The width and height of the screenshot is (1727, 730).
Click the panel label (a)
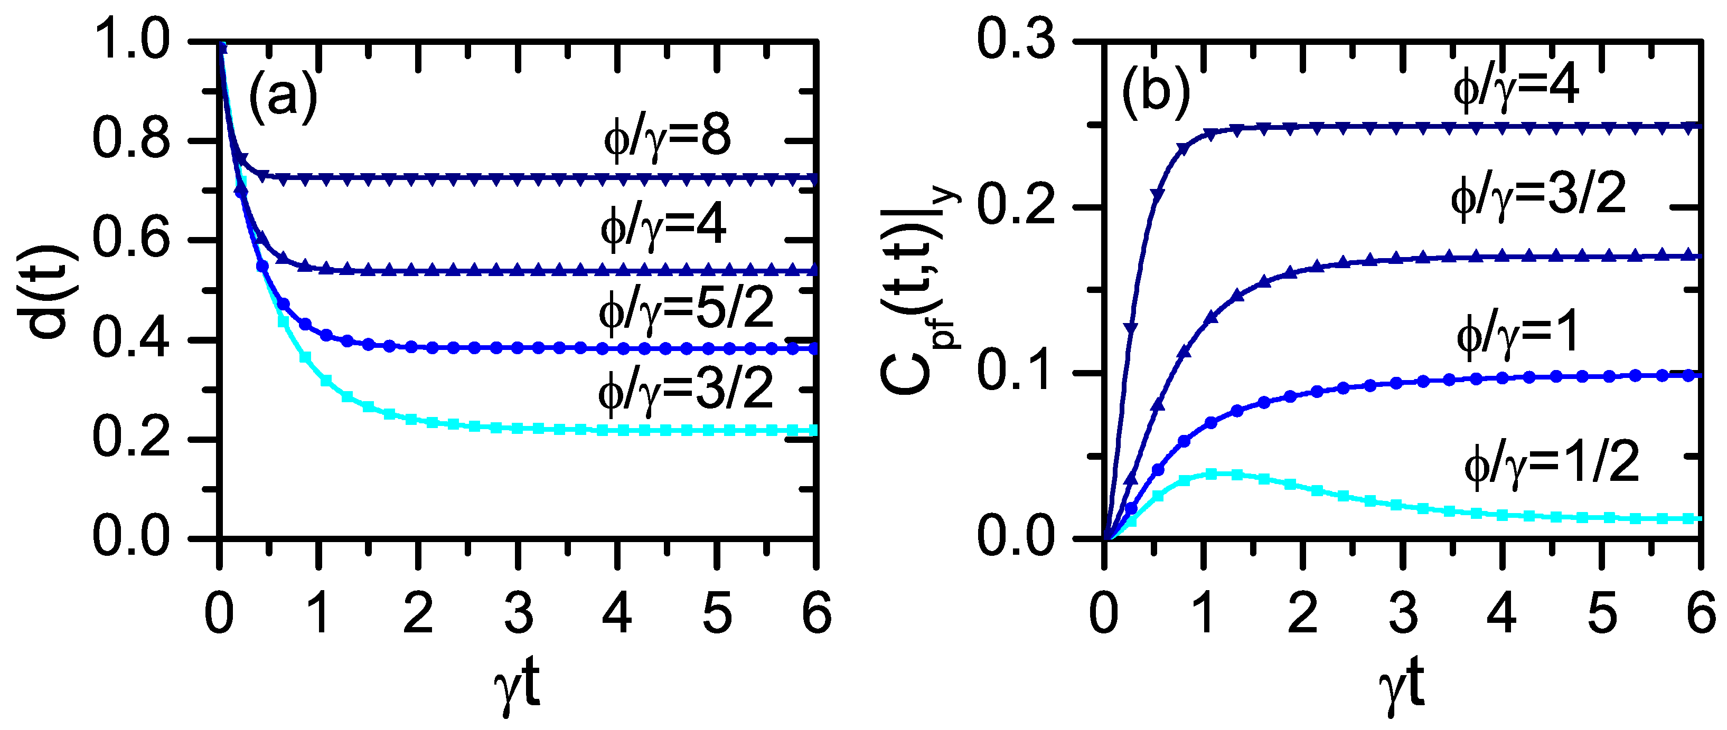coord(282,98)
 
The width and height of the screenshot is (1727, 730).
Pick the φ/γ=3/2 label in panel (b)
coord(1538,195)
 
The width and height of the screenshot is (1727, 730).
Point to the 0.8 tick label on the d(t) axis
coord(131,141)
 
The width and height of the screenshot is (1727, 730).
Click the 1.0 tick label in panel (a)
coord(131,42)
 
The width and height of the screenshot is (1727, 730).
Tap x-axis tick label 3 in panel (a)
coord(518,613)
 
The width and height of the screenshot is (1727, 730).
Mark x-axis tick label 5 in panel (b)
coord(1602,613)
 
